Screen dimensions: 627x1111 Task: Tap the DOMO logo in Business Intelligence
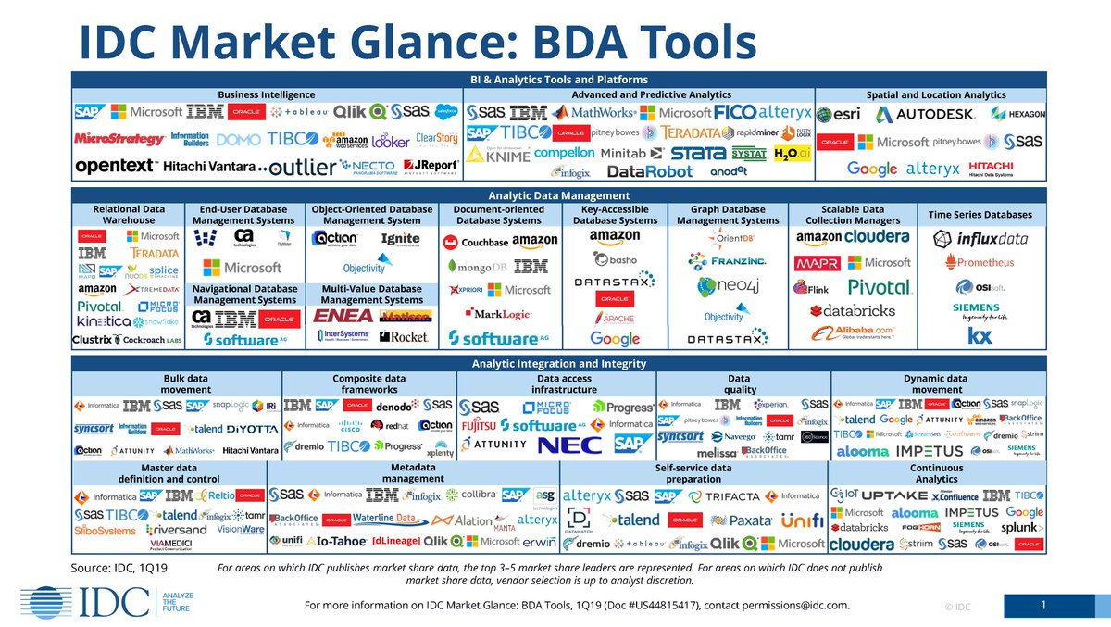pos(238,141)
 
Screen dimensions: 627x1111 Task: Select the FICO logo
pos(735,112)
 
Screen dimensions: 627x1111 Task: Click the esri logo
pos(840,115)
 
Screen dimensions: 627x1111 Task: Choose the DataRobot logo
pos(649,171)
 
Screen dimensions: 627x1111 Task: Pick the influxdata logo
pos(980,239)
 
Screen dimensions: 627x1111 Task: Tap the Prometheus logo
pos(979,262)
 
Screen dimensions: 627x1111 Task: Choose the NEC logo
pos(564,445)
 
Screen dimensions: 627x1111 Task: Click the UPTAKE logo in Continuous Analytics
pos(887,495)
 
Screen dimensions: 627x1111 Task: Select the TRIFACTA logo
pos(732,496)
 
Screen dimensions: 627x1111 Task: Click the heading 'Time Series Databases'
pos(980,215)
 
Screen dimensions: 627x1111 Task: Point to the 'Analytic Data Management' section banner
pos(558,195)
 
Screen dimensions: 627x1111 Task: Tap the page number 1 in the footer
pos(1043,606)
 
